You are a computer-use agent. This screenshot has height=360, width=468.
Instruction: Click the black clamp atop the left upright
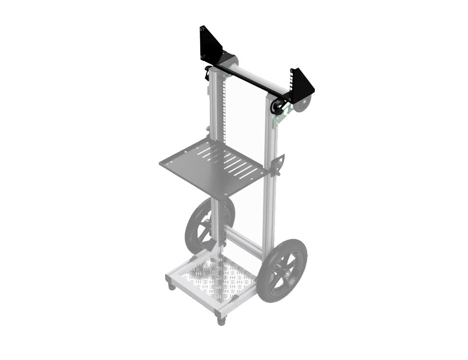[x=208, y=73]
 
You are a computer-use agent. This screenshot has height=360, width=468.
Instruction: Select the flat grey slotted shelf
[x=214, y=168]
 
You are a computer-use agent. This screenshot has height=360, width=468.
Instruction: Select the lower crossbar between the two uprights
[x=245, y=242]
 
